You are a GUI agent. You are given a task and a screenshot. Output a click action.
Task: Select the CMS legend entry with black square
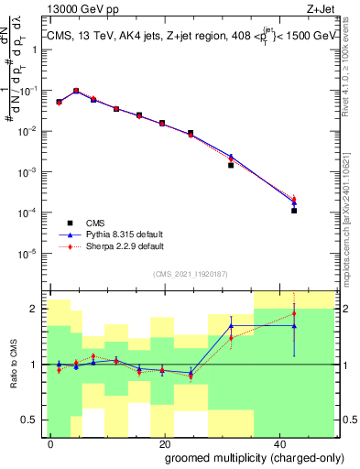[93, 223]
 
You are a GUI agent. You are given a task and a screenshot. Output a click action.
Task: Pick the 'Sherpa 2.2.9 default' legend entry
[119, 246]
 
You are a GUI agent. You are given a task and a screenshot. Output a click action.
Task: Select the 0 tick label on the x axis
[51, 442]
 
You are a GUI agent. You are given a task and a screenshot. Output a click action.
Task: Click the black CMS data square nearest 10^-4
[294, 211]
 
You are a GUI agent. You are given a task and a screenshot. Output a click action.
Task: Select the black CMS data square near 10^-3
[231, 165]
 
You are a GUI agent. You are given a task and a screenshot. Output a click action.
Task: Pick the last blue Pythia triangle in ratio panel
[294, 325]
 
